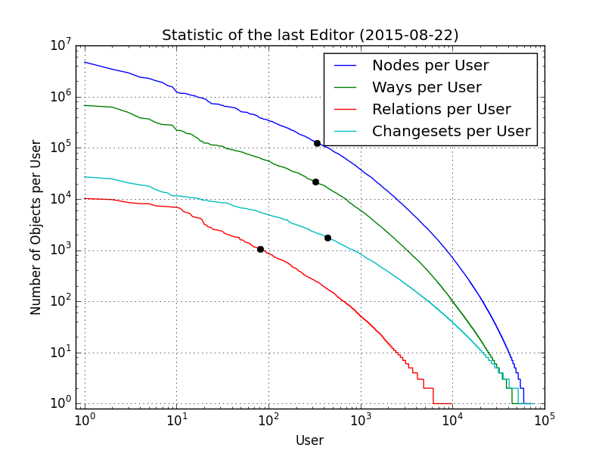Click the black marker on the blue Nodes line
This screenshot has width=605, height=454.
317,143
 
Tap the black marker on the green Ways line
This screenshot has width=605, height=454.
315,182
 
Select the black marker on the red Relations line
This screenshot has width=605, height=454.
260,249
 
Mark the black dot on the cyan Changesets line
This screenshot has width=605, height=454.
327,238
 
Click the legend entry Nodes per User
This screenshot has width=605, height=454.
430,66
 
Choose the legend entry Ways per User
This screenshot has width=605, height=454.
426,88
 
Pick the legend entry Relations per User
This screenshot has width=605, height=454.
441,110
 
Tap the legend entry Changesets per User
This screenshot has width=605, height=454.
451,132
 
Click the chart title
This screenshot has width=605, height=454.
310,36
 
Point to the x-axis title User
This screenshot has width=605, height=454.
309,440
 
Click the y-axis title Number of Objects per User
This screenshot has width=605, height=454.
36,227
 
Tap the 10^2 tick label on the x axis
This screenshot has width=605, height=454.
268,420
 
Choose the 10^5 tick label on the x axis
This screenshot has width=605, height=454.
544,420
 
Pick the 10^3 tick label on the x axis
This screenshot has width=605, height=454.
361,420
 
